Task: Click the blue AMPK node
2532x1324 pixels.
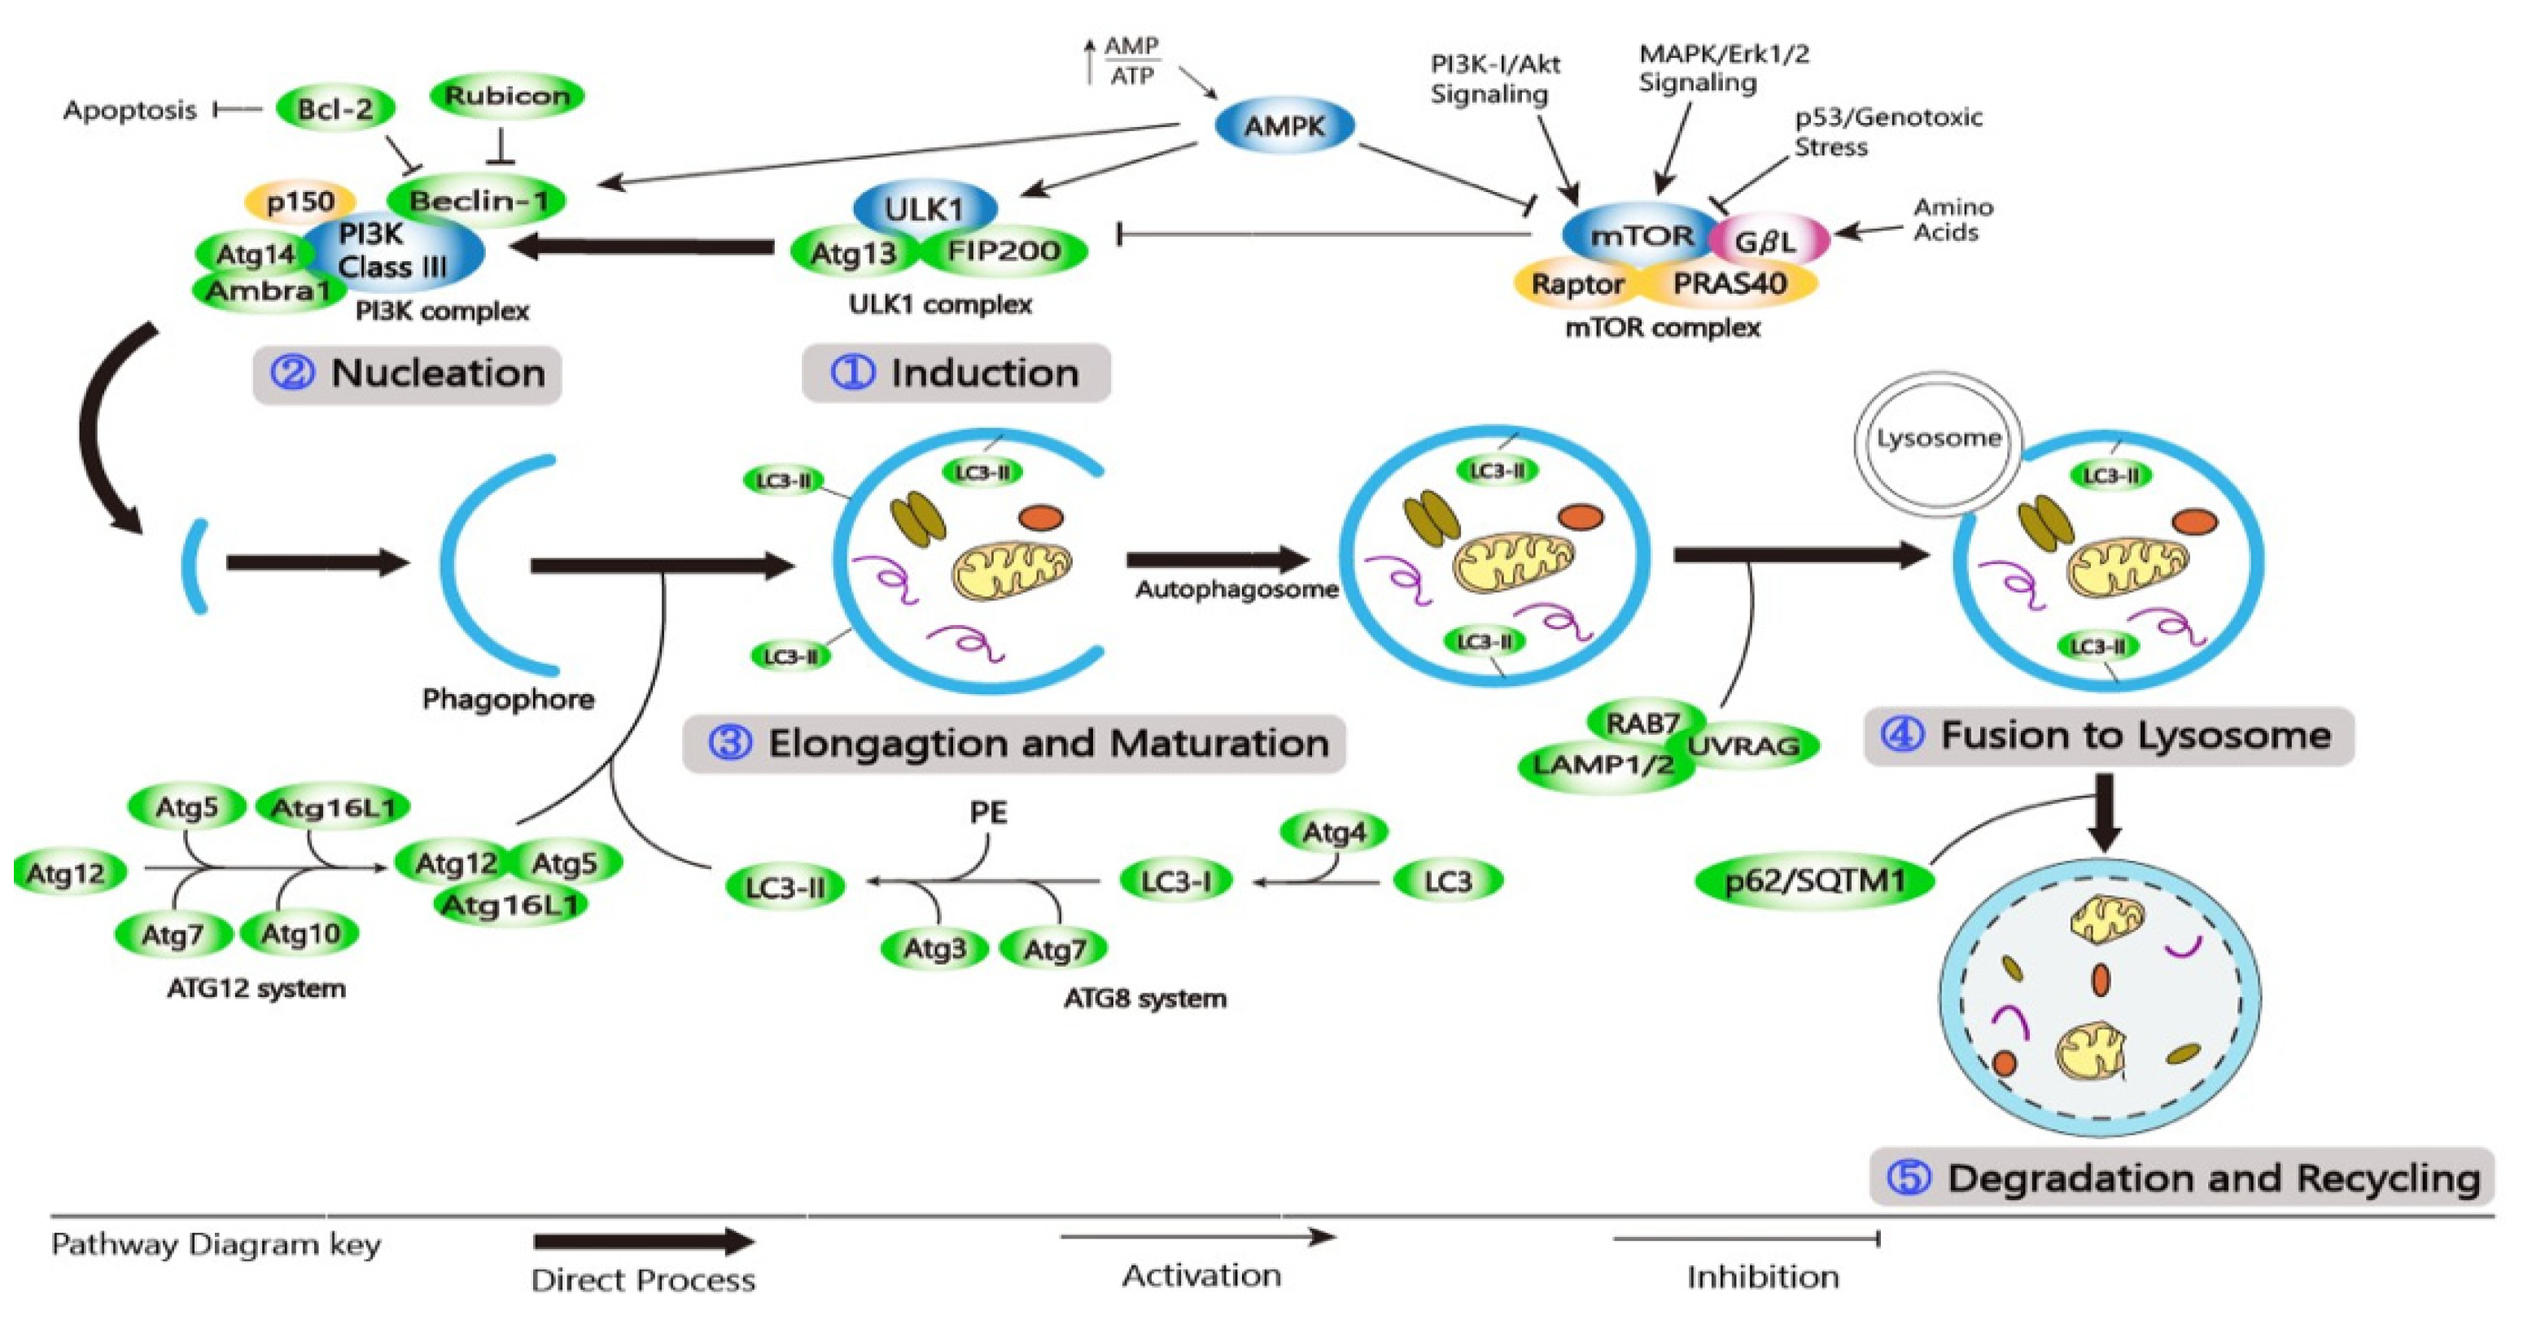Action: pyautogui.click(x=1283, y=126)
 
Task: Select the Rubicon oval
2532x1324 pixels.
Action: pyautogui.click(x=506, y=95)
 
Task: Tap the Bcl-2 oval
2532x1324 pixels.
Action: pyautogui.click(x=335, y=109)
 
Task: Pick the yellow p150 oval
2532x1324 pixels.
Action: pyautogui.click(x=300, y=202)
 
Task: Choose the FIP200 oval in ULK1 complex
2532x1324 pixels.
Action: pyautogui.click(x=1004, y=251)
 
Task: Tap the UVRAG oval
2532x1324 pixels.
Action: pyautogui.click(x=1745, y=746)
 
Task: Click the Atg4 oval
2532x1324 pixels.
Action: pyautogui.click(x=1334, y=832)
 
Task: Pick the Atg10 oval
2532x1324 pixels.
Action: pyautogui.click(x=300, y=933)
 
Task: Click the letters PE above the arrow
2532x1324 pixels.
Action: pyautogui.click(x=988, y=813)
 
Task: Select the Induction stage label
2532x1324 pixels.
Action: pyautogui.click(x=956, y=374)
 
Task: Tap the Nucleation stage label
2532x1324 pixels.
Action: pyautogui.click(x=407, y=374)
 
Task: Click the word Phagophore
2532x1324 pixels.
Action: pyautogui.click(x=508, y=700)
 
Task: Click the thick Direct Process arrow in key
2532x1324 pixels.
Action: pyautogui.click(x=644, y=1243)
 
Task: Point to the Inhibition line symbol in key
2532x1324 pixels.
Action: pyautogui.click(x=1746, y=1239)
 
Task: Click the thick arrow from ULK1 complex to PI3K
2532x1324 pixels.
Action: pyautogui.click(x=644, y=246)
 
